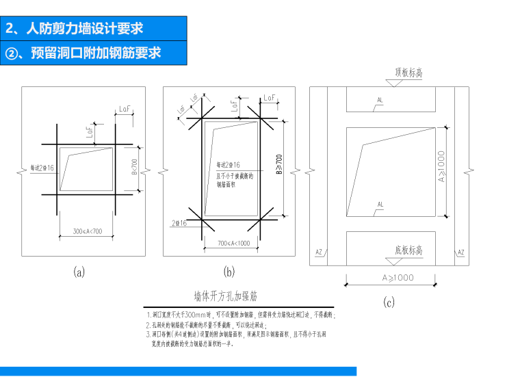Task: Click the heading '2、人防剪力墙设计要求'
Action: pos(75,29)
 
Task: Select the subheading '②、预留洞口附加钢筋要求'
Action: pos(83,52)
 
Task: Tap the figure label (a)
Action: pos(79,272)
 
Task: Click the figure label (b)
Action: pos(229,272)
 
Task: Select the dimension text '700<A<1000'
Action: pos(233,243)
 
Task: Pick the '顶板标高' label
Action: pos(408,73)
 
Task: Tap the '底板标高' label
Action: pos(409,250)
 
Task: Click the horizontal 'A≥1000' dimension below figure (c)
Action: pos(389,277)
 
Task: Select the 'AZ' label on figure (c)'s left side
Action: pos(319,252)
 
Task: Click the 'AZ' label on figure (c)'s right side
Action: pos(460,252)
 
